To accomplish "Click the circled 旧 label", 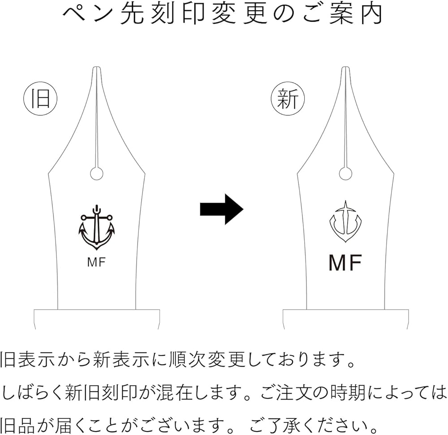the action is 40,99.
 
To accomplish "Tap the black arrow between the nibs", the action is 221,209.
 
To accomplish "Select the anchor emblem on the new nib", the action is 345,222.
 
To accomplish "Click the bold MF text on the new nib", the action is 345,263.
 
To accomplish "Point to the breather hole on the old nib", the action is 97,173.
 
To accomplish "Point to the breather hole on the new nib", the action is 345,173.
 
